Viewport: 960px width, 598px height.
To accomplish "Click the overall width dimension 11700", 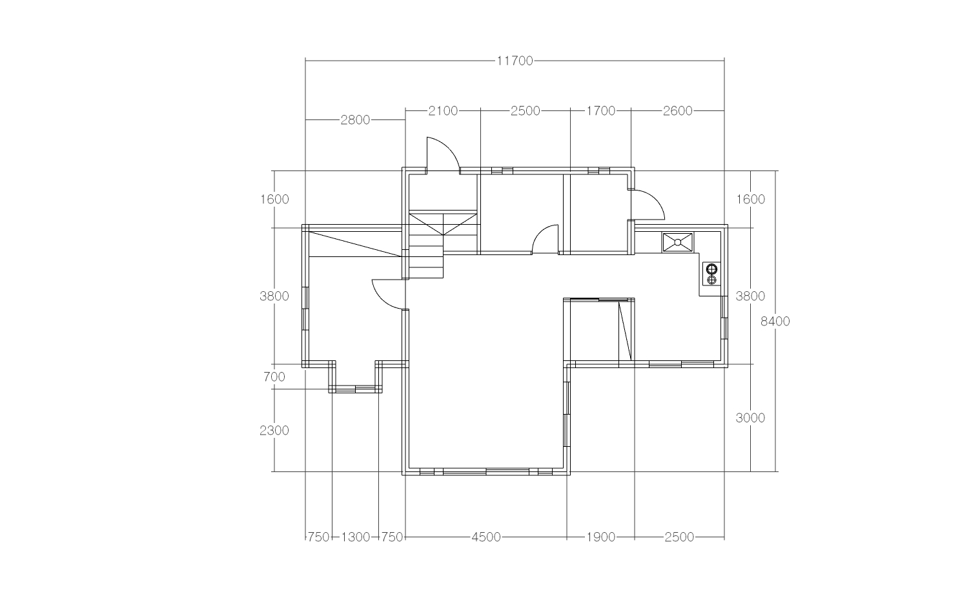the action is (515, 61).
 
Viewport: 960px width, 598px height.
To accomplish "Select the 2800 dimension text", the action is (355, 120).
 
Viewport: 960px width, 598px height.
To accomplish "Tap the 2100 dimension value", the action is (443, 111).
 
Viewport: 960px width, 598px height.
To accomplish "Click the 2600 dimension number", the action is (678, 111).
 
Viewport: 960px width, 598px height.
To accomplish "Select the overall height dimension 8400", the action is (775, 321).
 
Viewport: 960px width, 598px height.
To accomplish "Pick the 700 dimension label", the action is (274, 376).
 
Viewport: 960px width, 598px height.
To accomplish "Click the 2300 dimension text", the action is (274, 430).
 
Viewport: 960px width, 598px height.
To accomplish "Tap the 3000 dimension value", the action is (750, 418).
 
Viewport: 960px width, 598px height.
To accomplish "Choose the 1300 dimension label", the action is (355, 537).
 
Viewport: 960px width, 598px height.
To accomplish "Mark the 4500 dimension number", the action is (486, 537).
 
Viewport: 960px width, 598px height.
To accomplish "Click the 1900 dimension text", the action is (601, 537).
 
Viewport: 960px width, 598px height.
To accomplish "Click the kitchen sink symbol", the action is (678, 243).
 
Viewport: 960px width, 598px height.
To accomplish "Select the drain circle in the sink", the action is (678, 243).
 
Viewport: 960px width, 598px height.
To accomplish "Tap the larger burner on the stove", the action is (712, 269).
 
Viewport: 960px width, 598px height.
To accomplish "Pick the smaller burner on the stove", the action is (712, 280).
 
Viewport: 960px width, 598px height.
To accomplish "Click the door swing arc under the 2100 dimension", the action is (449, 147).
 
